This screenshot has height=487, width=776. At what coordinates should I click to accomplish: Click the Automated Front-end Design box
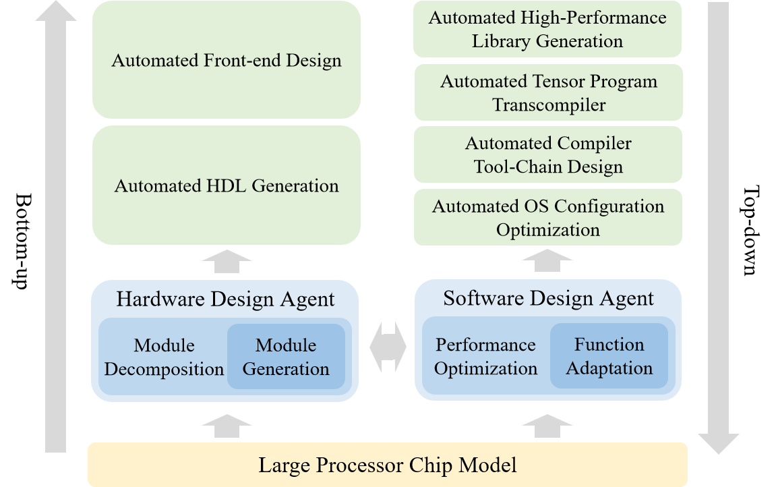(227, 61)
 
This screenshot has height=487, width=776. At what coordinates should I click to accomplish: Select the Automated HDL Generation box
(227, 185)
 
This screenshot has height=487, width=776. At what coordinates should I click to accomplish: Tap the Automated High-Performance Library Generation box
(547, 29)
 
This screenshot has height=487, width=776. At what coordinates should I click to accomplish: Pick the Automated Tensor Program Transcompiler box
(548, 93)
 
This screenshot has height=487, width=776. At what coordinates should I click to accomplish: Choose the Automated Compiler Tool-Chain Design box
(547, 154)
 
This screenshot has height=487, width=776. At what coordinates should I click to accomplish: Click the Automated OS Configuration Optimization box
(547, 217)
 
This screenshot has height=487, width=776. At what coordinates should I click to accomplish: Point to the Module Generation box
(286, 357)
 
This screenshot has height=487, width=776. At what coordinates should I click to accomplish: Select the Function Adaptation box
(609, 356)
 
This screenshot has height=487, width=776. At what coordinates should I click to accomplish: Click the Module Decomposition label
(164, 357)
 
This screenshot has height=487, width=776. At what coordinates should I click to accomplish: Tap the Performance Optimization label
(485, 357)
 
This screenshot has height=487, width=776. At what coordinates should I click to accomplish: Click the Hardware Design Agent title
(225, 299)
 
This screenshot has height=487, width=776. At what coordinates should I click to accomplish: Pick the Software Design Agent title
(548, 298)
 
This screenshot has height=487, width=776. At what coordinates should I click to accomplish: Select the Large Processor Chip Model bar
(388, 465)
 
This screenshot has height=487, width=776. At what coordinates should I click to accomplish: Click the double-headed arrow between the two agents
(388, 347)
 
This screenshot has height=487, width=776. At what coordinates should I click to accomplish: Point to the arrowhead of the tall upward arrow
(55, 12)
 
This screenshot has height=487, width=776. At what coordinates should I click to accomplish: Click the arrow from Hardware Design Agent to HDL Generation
(227, 260)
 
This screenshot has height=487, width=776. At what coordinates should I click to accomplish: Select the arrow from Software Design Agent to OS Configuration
(547, 260)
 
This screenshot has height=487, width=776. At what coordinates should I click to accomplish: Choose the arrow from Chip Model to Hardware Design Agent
(227, 427)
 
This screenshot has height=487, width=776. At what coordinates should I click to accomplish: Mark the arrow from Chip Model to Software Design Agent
(547, 427)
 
